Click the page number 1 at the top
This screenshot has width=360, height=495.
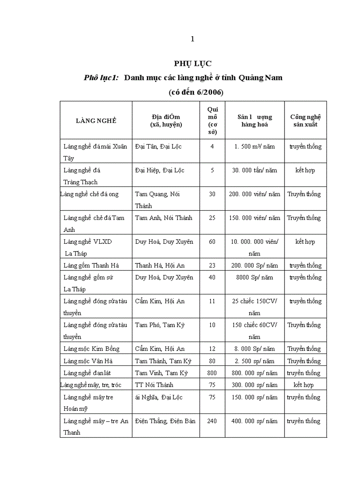coord(192,39)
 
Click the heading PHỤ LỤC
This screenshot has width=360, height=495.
coord(193,64)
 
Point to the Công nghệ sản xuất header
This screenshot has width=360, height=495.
coord(305,120)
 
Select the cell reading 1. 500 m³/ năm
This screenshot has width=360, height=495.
coord(255,146)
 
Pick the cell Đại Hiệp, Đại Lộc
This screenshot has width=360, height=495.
coord(160,170)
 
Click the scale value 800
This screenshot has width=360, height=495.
coord(212,373)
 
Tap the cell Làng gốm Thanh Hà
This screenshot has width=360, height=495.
coord(91,265)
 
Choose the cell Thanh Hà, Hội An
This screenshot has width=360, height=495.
coord(158,265)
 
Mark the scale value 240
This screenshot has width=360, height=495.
coord(212,421)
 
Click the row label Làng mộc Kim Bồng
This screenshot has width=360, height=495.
coord(91,349)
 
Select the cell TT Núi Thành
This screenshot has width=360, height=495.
coord(154,385)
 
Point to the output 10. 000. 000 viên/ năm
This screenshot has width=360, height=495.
coord(255,247)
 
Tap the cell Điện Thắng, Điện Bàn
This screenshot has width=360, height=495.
coord(165,421)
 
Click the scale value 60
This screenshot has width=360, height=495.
coord(212,242)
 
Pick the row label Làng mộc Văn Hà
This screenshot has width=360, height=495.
coord(88,361)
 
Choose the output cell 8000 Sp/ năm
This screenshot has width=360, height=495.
coord(255,277)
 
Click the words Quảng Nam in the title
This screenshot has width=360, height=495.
coord(260,78)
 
